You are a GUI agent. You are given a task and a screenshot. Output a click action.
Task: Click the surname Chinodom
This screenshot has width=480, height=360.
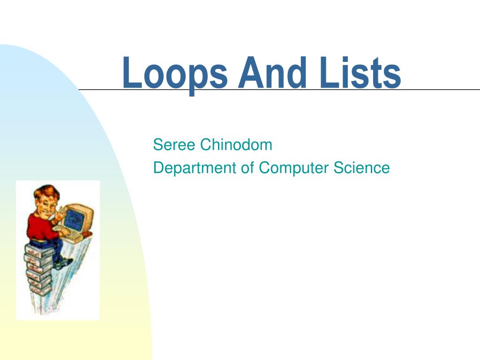click(x=236, y=145)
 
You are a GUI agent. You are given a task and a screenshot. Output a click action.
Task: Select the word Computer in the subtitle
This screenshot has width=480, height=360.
click(x=294, y=168)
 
